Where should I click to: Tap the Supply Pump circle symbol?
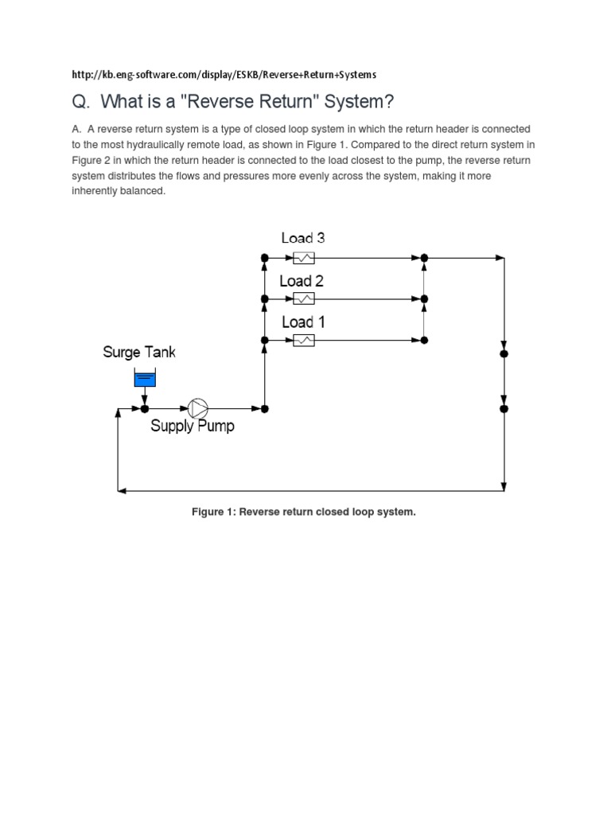(x=197, y=408)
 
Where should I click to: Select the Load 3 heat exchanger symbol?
(x=304, y=258)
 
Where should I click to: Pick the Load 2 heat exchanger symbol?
(x=304, y=298)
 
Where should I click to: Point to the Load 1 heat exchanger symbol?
(x=304, y=340)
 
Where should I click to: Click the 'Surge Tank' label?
(x=139, y=352)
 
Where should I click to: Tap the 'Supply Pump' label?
(x=193, y=427)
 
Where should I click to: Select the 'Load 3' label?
(x=302, y=238)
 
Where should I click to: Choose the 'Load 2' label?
(x=302, y=281)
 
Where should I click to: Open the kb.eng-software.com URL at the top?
(x=224, y=75)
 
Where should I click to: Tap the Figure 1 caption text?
(x=303, y=512)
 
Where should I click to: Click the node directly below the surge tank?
(x=145, y=408)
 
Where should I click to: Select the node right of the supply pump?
(x=265, y=408)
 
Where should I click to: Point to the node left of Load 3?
(x=265, y=258)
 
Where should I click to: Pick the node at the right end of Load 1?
(x=425, y=340)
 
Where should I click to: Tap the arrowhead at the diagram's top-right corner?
(x=500, y=258)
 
